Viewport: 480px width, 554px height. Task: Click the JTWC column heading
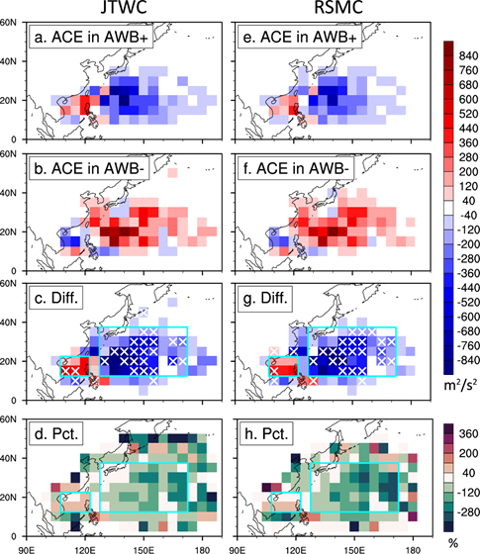tap(124, 8)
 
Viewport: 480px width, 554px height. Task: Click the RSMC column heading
tap(338, 8)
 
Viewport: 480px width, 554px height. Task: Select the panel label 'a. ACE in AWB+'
tap(91, 37)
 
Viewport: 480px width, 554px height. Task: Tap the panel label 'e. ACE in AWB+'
tap(300, 37)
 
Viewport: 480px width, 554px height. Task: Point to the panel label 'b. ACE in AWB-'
tap(89, 168)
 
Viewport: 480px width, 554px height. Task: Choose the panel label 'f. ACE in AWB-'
tap(298, 168)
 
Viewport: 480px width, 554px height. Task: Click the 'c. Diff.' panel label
tap(56, 298)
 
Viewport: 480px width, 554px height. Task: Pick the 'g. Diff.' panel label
tap(265, 298)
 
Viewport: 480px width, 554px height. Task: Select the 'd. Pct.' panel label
tap(56, 433)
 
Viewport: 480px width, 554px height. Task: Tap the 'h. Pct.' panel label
tap(265, 433)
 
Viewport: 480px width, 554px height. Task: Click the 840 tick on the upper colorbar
tap(469, 55)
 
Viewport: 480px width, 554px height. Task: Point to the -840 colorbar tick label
tap(467, 360)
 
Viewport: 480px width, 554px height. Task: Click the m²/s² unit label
tap(460, 385)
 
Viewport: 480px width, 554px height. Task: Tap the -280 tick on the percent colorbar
tap(467, 511)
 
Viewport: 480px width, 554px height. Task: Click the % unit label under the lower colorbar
tap(453, 543)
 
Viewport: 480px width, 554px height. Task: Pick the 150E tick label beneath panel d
tap(144, 550)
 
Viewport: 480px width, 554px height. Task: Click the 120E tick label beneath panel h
tap(296, 550)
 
